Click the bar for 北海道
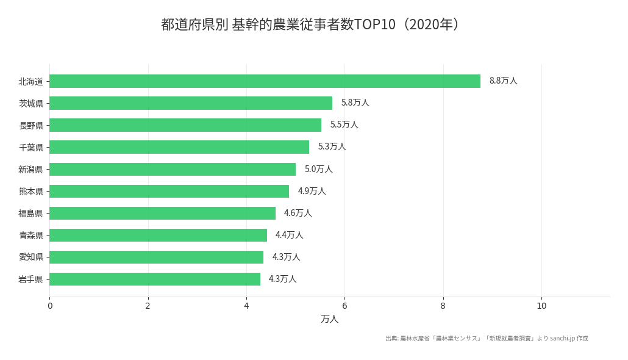(x=265, y=81)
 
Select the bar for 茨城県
(x=191, y=103)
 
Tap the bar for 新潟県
(x=173, y=169)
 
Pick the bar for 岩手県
(x=155, y=279)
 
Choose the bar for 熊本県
(x=169, y=191)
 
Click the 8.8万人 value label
(x=503, y=81)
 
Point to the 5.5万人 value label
(x=344, y=124)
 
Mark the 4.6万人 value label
(x=298, y=213)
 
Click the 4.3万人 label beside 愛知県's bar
(x=286, y=257)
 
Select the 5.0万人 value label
(x=318, y=169)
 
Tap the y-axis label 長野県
(x=31, y=126)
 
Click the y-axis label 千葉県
(x=31, y=148)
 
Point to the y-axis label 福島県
(x=31, y=214)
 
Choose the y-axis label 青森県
(x=31, y=236)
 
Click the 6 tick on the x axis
(x=344, y=306)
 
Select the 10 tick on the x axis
(x=541, y=306)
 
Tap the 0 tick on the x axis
(x=50, y=306)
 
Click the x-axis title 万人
(x=329, y=319)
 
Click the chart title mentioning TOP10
(x=313, y=24)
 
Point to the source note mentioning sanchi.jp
(x=487, y=339)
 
